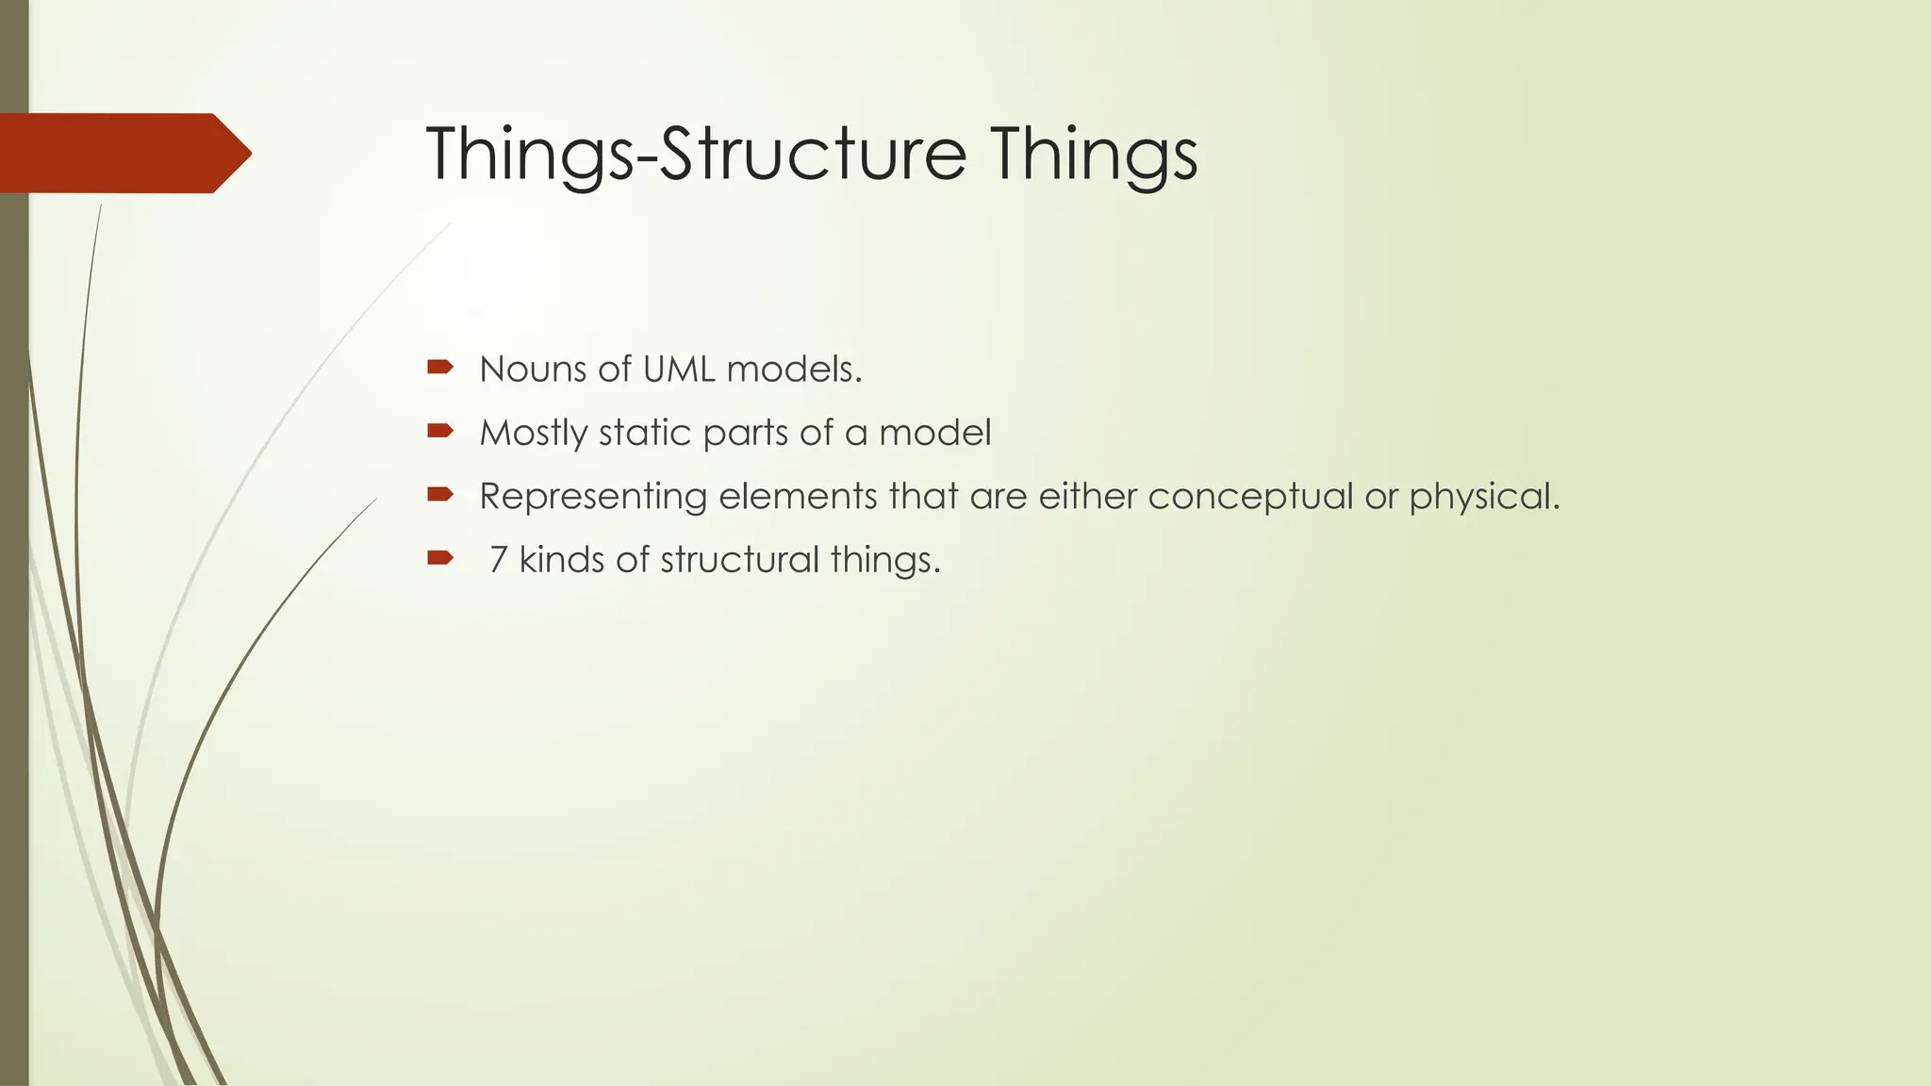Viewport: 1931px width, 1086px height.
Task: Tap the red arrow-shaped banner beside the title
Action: (x=123, y=153)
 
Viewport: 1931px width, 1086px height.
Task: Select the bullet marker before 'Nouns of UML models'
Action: (x=440, y=367)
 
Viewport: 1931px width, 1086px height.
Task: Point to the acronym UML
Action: (x=678, y=369)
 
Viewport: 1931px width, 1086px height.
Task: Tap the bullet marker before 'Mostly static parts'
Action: (x=440, y=431)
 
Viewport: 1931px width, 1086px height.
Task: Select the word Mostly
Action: (x=533, y=433)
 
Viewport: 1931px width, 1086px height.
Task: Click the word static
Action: (x=645, y=433)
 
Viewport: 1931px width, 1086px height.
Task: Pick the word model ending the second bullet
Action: (x=934, y=433)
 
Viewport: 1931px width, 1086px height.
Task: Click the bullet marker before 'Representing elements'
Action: (x=440, y=494)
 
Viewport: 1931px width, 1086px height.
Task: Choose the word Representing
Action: (x=592, y=497)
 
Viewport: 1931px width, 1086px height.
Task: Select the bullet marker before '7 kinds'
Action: (x=440, y=558)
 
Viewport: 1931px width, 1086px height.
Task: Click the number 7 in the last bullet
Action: (x=499, y=560)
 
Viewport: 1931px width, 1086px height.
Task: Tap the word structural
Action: (x=739, y=560)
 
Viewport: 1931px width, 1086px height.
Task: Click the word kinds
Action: (x=561, y=560)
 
